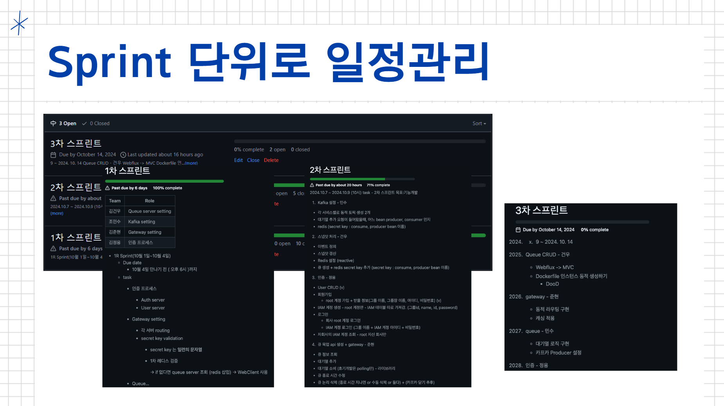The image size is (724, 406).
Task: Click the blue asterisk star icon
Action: (x=19, y=23)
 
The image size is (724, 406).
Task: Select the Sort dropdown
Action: (x=479, y=124)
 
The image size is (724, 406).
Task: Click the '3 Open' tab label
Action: (x=67, y=124)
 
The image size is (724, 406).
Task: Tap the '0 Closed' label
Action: (x=99, y=124)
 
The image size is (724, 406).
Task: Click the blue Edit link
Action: (x=238, y=160)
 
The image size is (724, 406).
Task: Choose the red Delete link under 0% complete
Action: (x=271, y=160)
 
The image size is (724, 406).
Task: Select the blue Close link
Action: (x=253, y=160)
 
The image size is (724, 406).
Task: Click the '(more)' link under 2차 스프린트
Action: (x=57, y=214)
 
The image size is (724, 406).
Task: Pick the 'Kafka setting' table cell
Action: (x=141, y=222)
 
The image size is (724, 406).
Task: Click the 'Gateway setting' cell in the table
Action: (x=144, y=232)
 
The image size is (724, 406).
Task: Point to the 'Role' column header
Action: (x=149, y=201)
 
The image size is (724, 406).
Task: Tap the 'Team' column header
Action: (x=115, y=201)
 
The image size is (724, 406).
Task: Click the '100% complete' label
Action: (x=167, y=188)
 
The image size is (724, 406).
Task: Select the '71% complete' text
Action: (x=378, y=185)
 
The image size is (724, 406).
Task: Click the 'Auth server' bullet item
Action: (x=153, y=300)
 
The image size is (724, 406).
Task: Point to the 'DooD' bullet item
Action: (x=552, y=284)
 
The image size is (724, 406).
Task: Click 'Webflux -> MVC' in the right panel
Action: (x=555, y=268)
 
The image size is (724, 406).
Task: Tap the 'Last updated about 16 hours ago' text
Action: (x=165, y=155)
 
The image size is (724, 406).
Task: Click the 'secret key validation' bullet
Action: (x=162, y=339)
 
